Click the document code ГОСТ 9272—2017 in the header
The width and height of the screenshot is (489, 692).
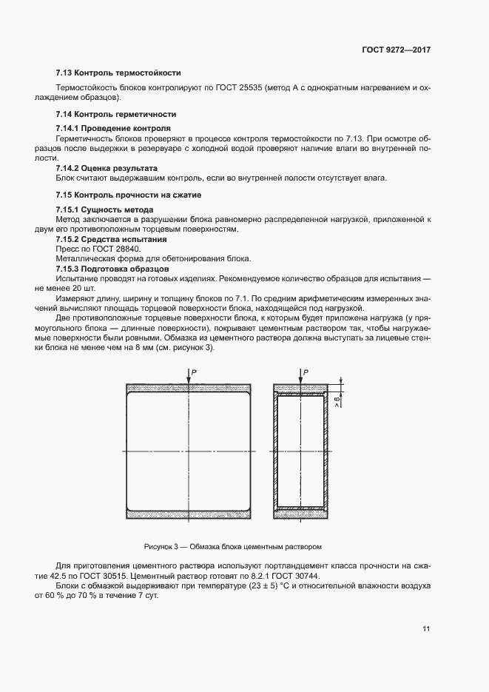point(396,50)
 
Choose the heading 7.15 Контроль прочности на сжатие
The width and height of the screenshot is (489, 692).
point(128,195)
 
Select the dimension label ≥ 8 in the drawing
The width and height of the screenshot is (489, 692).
point(337,402)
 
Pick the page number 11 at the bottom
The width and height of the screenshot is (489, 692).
point(426,628)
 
